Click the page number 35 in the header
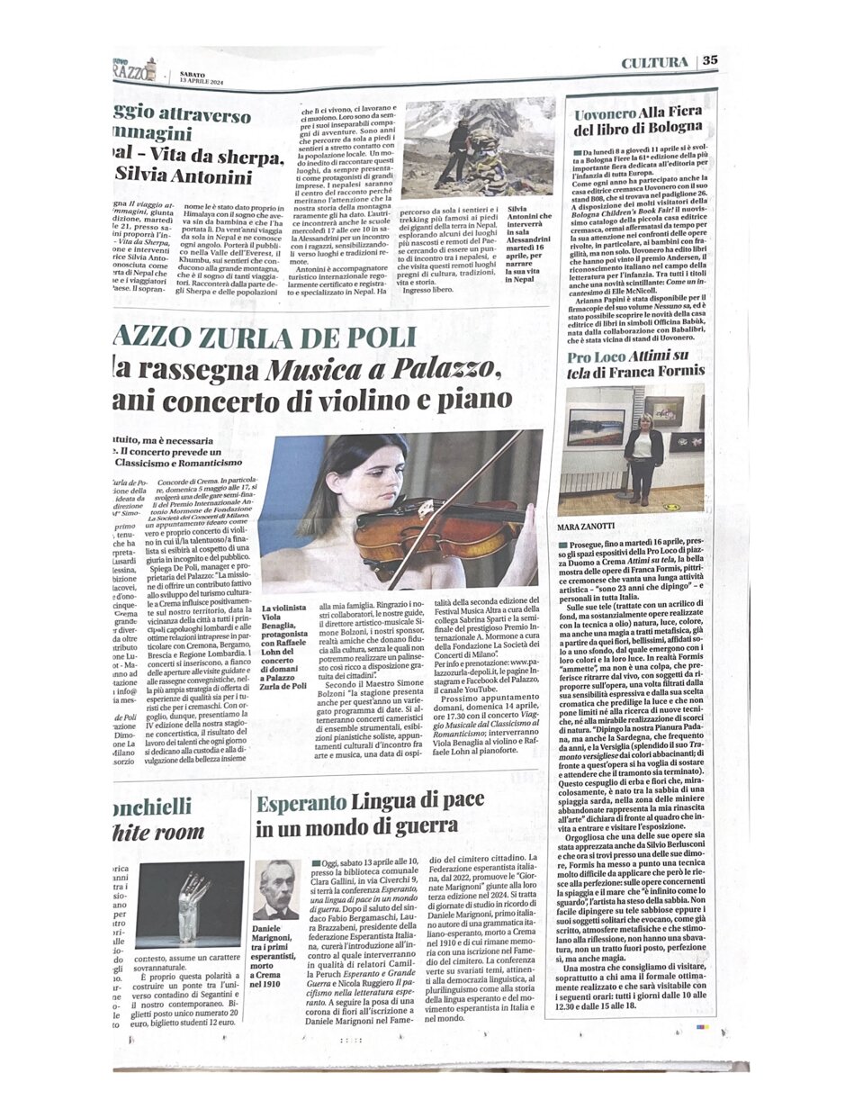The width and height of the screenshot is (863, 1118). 710,61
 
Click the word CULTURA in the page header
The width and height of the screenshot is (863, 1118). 656,61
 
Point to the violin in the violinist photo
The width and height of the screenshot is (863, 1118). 396,535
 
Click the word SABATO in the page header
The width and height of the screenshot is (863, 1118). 192,75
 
